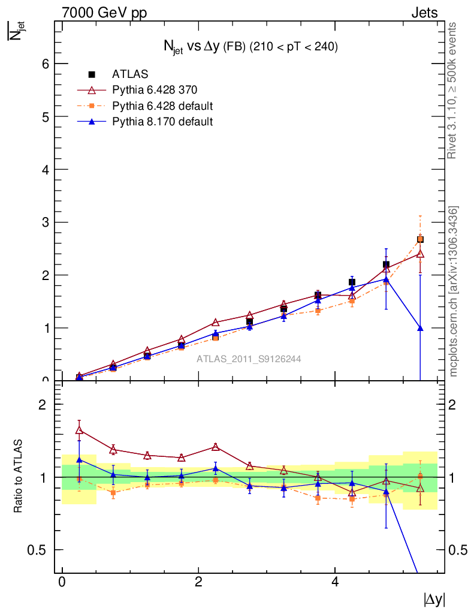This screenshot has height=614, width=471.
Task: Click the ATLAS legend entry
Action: click(x=129, y=74)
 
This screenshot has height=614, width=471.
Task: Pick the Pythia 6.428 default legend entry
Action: click(x=162, y=106)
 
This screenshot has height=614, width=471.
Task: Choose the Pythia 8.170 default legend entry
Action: click(x=162, y=122)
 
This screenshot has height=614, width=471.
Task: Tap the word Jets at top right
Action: click(x=424, y=13)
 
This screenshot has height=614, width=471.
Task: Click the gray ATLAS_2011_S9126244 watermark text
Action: click(x=249, y=359)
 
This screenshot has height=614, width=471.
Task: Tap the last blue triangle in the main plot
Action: click(x=420, y=328)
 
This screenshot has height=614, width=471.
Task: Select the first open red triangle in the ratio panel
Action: click(x=79, y=429)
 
